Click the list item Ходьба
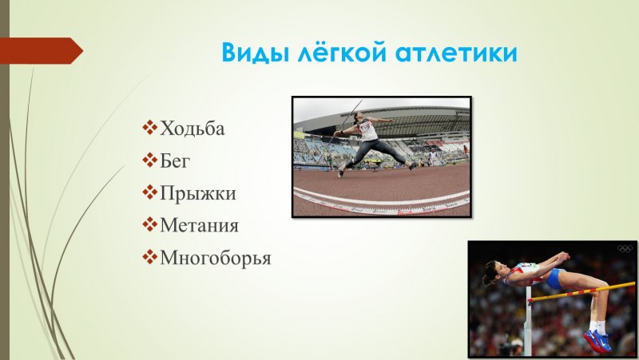(x=192, y=128)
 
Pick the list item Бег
(x=177, y=160)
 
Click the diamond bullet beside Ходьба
(x=149, y=128)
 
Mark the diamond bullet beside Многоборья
(x=149, y=258)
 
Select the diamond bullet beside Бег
(x=149, y=160)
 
